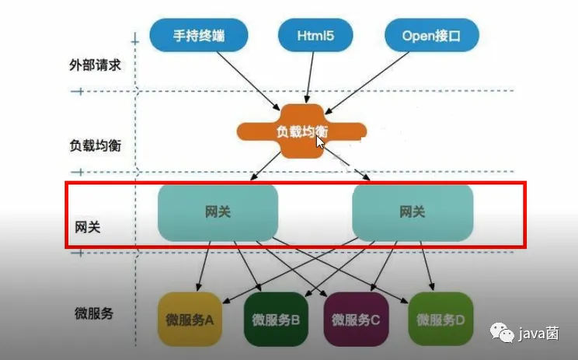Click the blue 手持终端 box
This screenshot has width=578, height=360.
point(198,35)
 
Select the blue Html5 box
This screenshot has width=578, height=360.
point(315,35)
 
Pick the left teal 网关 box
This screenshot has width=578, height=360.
point(218,211)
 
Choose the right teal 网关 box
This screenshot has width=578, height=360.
point(413,211)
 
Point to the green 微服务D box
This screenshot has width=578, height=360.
point(440,319)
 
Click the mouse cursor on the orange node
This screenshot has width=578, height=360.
point(319,142)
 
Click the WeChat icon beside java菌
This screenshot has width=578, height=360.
point(507,334)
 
